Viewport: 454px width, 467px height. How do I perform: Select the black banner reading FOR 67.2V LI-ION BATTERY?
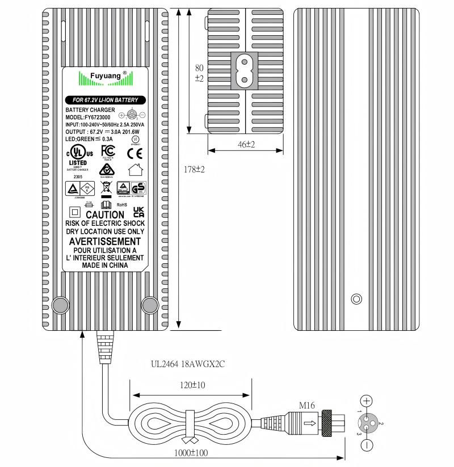(105, 100)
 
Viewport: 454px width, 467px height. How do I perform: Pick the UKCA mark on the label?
(138, 212)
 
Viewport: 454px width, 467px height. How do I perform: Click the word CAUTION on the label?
(104, 214)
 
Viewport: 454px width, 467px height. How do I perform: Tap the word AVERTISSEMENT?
(105, 241)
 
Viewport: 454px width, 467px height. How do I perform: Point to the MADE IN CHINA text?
(105, 265)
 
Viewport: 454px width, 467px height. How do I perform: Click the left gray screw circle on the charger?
(60, 305)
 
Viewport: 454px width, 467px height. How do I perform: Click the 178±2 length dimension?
(195, 169)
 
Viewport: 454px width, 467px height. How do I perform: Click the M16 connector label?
(307, 405)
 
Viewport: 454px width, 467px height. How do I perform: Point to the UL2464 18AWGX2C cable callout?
(188, 364)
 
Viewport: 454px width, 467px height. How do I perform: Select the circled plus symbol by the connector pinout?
(367, 401)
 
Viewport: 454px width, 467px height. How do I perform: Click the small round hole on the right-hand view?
(356, 298)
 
